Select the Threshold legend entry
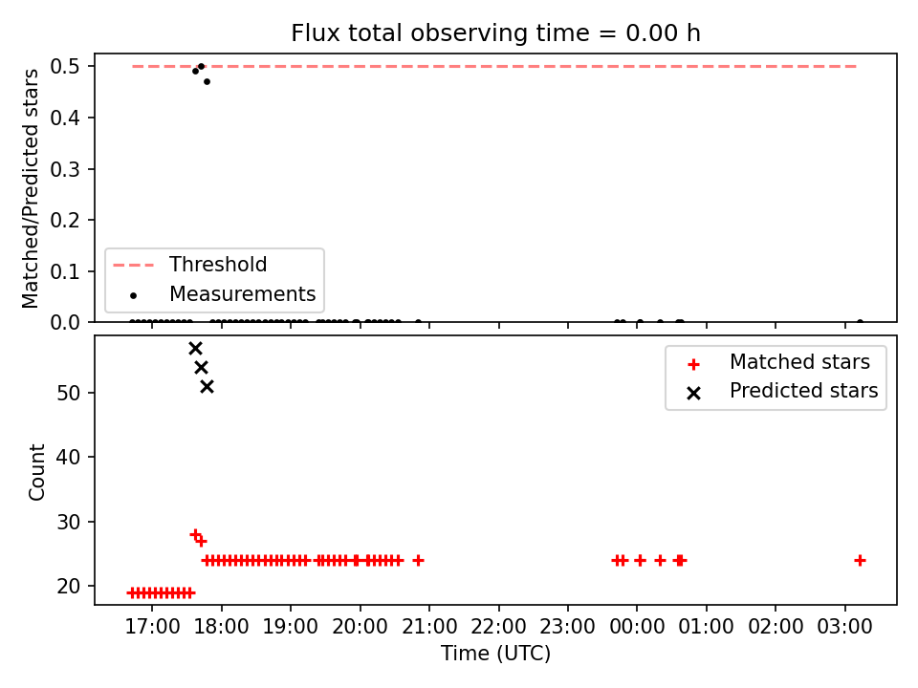coord(189,265)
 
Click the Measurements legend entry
coord(224,293)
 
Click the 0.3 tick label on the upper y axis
coord(65,169)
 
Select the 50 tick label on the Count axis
coord(69,393)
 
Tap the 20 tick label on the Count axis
coord(69,586)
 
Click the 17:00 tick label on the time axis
coord(152,627)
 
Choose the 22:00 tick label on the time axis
coord(499,627)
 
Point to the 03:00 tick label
coord(844,627)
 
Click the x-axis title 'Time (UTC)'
coord(496,653)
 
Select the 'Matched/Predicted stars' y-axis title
coord(31,188)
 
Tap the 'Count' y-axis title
coord(36,472)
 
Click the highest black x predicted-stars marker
coord(195,349)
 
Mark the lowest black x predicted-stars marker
coord(208,387)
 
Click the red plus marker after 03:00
coord(860,561)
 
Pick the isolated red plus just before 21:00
coord(418,561)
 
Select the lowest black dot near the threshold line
coord(208,82)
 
